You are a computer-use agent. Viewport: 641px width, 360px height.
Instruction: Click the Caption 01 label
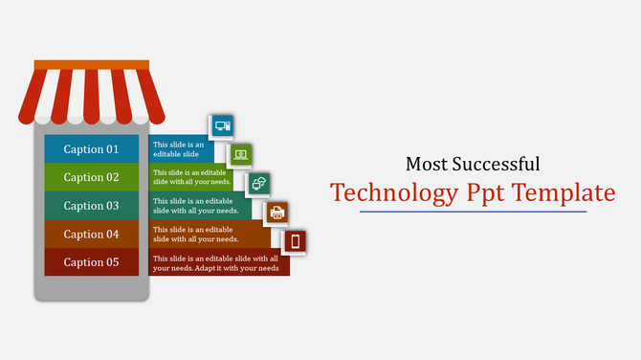[91, 149]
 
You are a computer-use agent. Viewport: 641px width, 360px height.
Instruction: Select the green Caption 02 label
[91, 177]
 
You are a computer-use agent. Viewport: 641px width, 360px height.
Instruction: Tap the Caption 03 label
[91, 206]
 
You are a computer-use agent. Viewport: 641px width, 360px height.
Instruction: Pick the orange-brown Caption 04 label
[91, 235]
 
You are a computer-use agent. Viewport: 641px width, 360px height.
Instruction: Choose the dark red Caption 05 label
[91, 262]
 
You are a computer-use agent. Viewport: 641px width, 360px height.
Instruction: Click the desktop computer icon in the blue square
[222, 126]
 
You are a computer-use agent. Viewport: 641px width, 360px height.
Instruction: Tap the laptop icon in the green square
[240, 154]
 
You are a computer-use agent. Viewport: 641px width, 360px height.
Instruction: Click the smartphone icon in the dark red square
[296, 240]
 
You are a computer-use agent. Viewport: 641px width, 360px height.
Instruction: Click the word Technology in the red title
[394, 193]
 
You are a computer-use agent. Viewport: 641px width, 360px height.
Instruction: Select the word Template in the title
[564, 193]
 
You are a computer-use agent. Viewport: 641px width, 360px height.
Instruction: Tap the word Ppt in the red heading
[486, 193]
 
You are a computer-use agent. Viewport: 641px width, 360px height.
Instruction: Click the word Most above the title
[427, 164]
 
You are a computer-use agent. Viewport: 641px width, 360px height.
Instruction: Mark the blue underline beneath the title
[473, 212]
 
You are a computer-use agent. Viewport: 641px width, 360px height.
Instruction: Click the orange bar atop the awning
[92, 65]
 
